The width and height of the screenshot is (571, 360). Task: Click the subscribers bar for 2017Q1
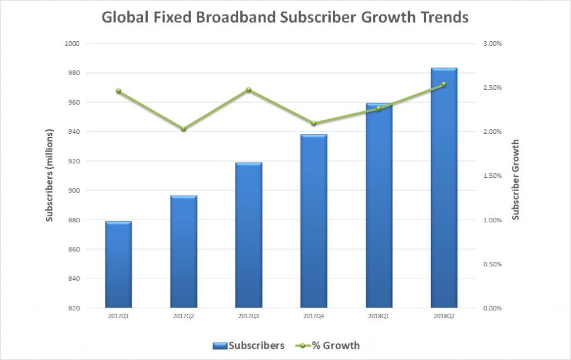118,264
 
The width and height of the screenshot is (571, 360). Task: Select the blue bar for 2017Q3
248,235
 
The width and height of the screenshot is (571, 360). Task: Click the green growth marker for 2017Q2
183,129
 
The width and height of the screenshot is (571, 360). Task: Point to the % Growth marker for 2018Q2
444,84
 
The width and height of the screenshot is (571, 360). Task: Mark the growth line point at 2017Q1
118,91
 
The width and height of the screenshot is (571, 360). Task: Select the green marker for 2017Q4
313,123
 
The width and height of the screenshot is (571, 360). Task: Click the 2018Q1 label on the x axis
379,316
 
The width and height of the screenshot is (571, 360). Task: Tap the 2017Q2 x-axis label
183,316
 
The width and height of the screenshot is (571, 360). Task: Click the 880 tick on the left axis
75,220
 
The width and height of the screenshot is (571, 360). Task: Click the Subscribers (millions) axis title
50,176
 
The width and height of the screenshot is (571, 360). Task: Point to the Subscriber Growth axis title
516,179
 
